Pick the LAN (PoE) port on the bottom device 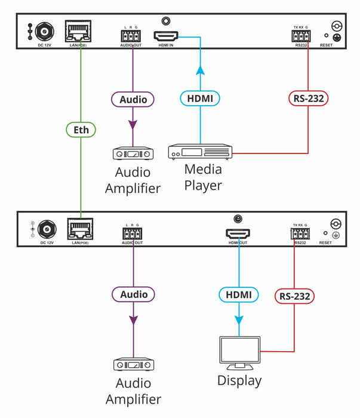(x=81, y=230)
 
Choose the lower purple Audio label (x=133, y=294)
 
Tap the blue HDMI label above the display (x=239, y=294)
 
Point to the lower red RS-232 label (x=294, y=295)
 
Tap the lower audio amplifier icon (x=133, y=364)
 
